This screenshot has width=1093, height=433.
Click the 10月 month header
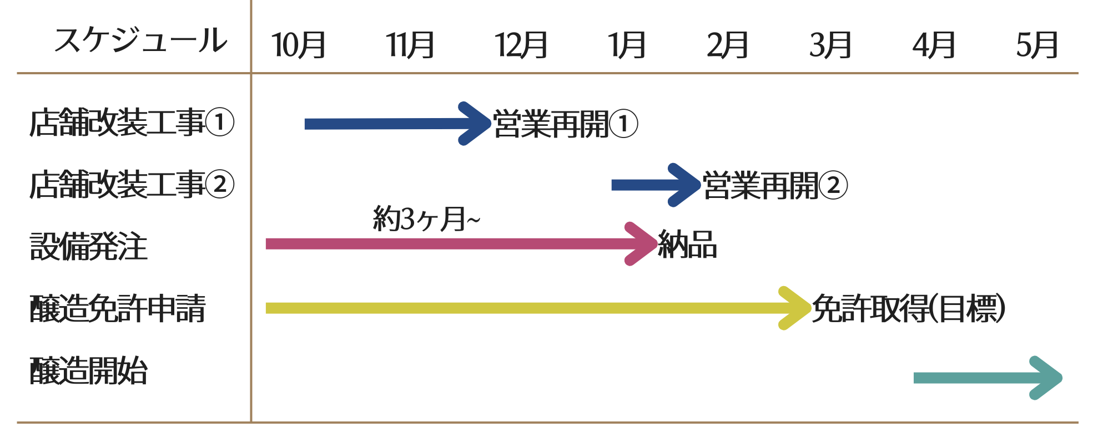(299, 45)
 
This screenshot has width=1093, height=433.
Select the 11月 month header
(410, 45)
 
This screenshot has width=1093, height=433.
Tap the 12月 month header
(521, 45)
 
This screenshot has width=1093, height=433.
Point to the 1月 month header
(627, 45)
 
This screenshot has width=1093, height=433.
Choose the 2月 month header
(727, 45)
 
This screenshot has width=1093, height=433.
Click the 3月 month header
(830, 45)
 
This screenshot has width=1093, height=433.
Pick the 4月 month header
(934, 45)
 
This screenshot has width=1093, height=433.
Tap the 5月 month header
(1037, 45)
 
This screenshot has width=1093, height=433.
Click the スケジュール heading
(140, 40)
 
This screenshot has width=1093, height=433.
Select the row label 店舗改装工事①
(132, 123)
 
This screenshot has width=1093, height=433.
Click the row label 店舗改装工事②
(132, 185)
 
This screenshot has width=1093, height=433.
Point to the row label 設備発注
(88, 246)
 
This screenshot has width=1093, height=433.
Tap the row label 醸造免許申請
(118, 308)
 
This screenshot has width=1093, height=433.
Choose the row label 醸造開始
(88, 370)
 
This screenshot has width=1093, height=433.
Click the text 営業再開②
(775, 185)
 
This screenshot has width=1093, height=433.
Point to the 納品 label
(687, 244)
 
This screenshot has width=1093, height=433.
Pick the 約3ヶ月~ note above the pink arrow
(426, 219)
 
